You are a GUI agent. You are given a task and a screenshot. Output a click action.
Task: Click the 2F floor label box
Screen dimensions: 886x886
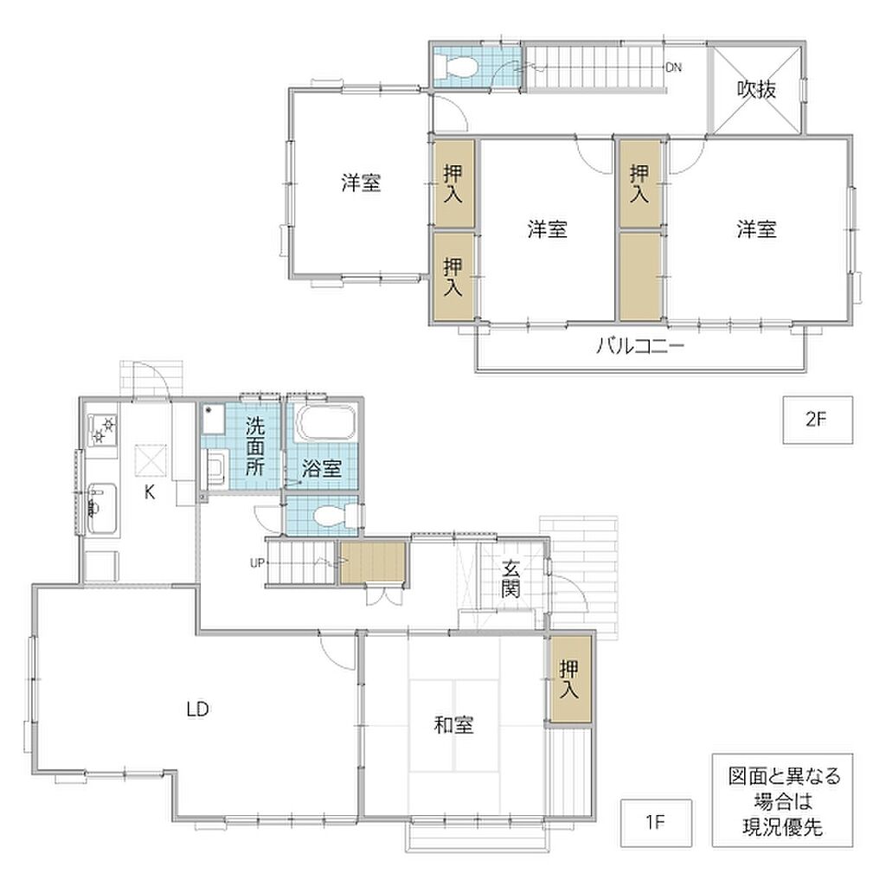(817, 420)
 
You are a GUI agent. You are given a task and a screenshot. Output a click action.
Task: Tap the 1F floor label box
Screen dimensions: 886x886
(656, 822)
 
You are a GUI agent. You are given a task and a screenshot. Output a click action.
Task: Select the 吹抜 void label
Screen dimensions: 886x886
(756, 89)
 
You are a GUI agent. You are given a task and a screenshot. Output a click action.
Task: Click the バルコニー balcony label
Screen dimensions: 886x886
(640, 344)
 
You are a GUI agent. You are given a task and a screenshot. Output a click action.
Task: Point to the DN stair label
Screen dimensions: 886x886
(673, 67)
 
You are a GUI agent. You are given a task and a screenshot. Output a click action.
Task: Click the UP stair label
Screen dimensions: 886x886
(257, 562)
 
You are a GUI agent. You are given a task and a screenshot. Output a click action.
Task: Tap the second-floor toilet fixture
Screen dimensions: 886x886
(457, 67)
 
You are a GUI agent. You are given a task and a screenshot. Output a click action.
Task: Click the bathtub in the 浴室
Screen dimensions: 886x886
(325, 422)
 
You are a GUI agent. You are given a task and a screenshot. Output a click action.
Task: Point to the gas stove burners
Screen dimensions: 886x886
(102, 430)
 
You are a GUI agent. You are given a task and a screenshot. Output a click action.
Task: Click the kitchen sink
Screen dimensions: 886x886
(102, 509)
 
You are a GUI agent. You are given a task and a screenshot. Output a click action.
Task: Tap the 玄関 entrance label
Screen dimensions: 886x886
(510, 578)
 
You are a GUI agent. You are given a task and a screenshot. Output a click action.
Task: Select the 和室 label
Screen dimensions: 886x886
(453, 724)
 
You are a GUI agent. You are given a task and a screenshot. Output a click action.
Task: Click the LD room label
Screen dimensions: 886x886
(198, 709)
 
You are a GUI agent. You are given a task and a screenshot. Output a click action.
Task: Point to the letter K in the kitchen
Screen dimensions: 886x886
(150, 492)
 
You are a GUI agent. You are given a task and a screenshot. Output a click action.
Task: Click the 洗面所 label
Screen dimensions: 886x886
(255, 446)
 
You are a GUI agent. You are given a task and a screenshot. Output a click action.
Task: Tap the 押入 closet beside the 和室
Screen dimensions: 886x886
(568, 679)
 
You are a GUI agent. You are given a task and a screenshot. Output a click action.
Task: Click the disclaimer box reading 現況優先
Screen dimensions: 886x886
(782, 800)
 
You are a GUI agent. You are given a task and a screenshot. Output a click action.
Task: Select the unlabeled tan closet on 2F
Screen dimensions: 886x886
(640, 276)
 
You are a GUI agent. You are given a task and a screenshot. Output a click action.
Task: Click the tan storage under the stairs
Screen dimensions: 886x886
(373, 562)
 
